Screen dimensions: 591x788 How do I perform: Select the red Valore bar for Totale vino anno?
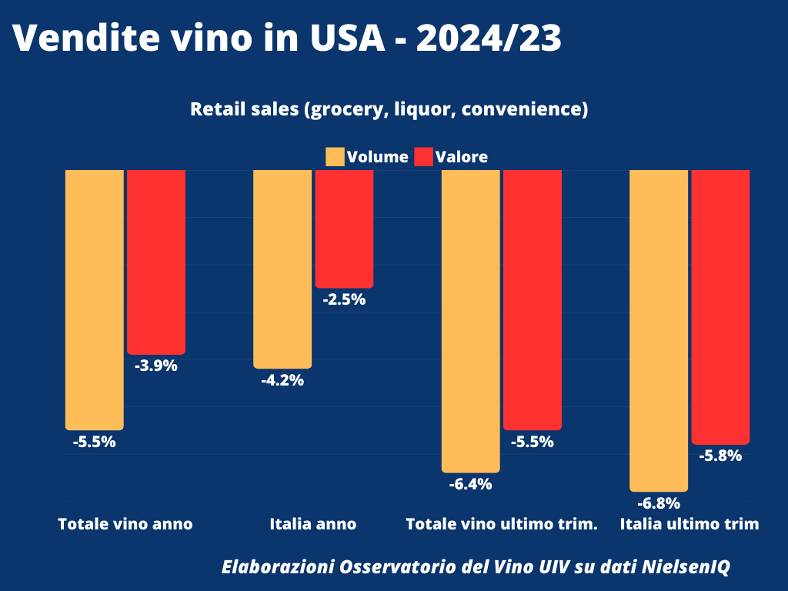[156, 262]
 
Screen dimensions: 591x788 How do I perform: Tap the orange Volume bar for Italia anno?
[282, 269]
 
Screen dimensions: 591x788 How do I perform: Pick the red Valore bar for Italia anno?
[344, 229]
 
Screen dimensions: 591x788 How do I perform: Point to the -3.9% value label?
[156, 366]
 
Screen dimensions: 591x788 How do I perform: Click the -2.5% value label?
[344, 300]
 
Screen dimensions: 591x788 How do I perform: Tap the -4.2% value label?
[282, 380]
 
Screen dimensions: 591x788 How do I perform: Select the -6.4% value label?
[470, 484]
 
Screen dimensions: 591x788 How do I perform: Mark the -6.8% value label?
[659, 504]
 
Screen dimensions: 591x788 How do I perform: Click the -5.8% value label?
[720, 456]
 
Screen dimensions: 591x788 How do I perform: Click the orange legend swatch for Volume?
[335, 157]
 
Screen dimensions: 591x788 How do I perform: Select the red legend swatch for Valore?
[424, 157]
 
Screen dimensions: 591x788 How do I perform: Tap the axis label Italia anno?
[313, 525]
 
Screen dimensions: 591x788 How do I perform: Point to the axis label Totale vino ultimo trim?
[501, 525]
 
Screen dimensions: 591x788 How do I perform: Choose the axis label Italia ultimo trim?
[689, 525]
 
